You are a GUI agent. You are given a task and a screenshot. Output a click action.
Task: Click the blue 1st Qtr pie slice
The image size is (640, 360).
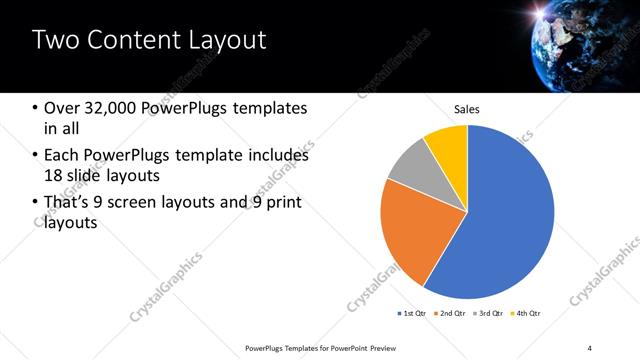[x=510, y=220]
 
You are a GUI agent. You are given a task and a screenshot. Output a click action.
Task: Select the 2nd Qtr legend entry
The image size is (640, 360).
[x=450, y=314]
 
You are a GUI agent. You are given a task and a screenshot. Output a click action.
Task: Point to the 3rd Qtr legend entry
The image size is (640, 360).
[x=489, y=314]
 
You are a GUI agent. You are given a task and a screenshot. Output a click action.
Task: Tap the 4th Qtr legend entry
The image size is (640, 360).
[x=526, y=314]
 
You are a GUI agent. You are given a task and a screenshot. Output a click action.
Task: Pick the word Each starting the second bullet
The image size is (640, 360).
[x=60, y=156]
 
